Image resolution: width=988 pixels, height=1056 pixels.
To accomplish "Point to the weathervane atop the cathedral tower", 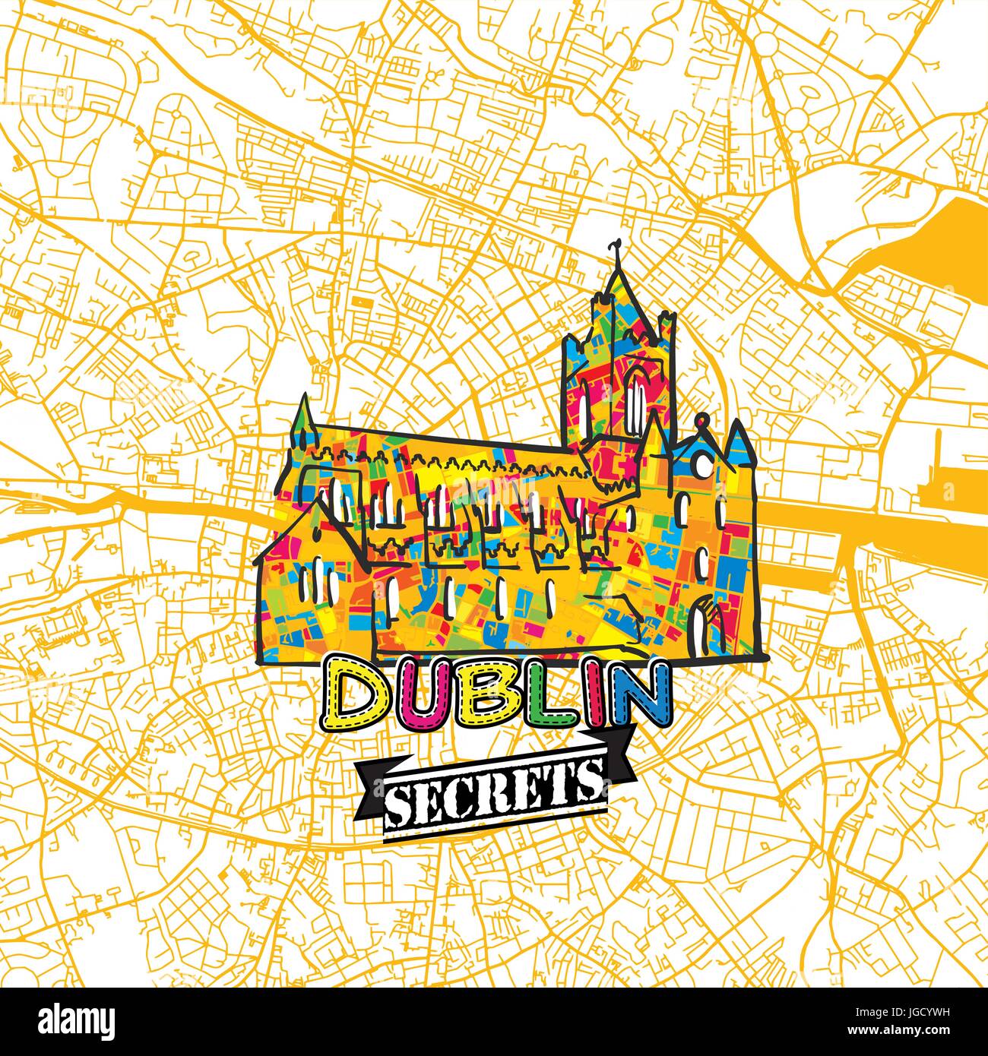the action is click(x=614, y=252).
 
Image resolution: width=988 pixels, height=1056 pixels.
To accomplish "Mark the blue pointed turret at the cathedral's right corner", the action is click(x=736, y=443).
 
